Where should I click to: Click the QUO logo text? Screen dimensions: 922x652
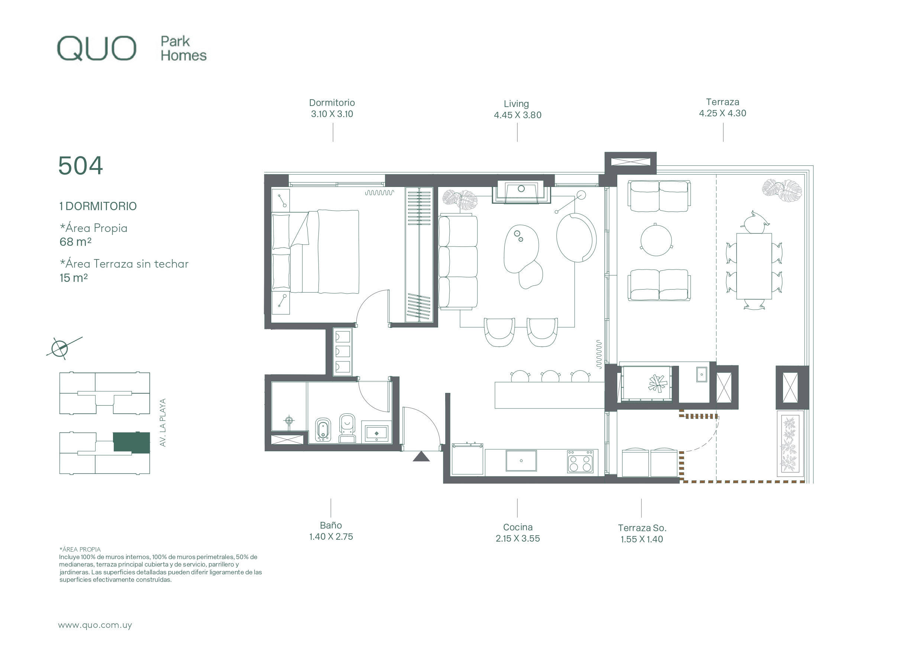click(96, 48)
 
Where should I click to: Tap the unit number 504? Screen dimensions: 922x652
click(80, 165)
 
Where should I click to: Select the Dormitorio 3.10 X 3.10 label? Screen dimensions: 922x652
click(332, 109)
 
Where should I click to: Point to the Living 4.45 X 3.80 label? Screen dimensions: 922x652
click(517, 109)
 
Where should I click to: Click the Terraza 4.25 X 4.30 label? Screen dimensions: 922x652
click(722, 108)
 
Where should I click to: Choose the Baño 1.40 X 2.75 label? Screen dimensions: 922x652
click(331, 531)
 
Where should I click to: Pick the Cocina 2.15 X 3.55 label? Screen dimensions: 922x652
click(518, 533)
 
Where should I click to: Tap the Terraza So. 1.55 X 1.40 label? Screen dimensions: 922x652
click(642, 533)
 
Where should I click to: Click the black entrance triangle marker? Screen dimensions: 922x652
click(421, 456)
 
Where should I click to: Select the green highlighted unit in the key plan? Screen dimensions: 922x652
click(131, 442)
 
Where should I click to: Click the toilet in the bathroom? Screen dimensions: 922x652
click(347, 428)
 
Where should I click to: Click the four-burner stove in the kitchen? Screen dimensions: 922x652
click(580, 461)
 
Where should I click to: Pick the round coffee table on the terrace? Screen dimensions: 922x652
click(656, 240)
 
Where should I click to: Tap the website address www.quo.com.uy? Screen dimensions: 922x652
click(95, 625)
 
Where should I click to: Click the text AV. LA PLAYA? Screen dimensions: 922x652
click(163, 422)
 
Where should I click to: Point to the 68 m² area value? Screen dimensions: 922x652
click(75, 242)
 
